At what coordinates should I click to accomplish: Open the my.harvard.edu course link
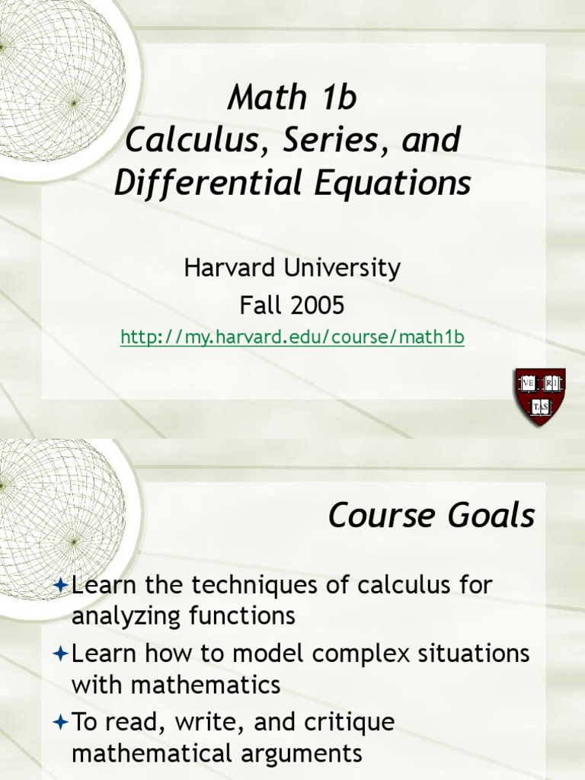point(292,337)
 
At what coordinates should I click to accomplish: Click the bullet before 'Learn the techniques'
point(62,586)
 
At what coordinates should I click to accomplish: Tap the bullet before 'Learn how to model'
point(62,654)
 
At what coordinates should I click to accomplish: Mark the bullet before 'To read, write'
point(62,723)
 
